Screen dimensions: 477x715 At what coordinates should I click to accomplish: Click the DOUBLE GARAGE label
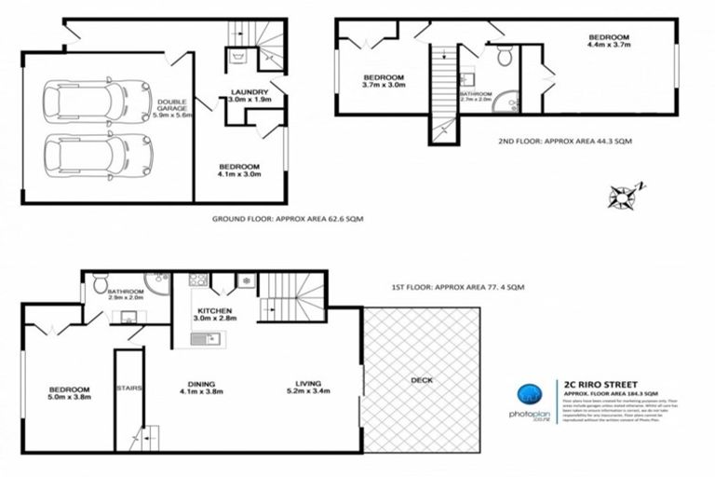[173, 108]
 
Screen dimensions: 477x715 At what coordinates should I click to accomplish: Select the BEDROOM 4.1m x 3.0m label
[240, 170]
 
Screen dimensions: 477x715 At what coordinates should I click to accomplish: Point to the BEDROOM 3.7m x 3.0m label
[383, 80]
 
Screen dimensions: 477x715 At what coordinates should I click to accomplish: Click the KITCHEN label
[214, 314]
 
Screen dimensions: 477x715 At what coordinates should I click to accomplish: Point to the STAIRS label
[128, 389]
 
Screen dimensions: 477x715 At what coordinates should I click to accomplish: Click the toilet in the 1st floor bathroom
[101, 280]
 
